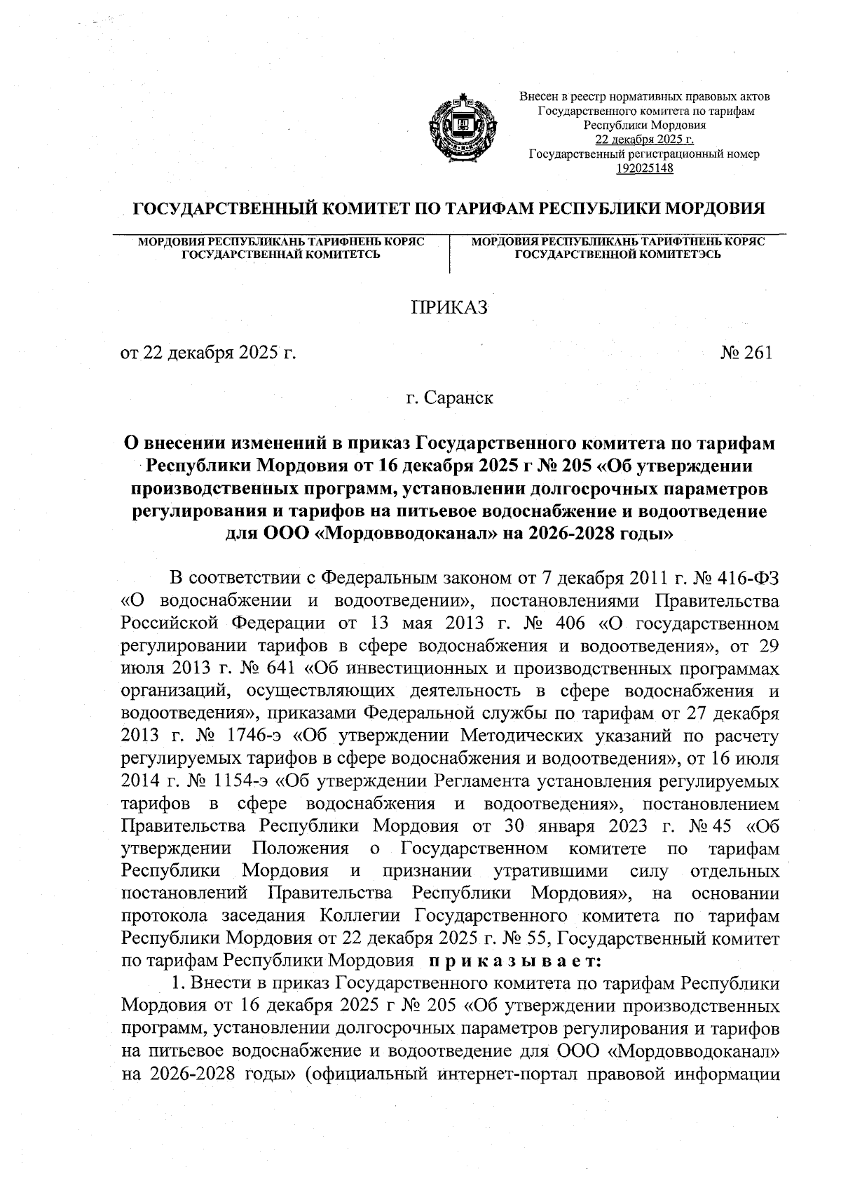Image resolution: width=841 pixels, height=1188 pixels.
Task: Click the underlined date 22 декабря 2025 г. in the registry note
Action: [x=644, y=140]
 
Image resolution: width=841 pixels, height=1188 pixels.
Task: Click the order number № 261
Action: [x=745, y=353]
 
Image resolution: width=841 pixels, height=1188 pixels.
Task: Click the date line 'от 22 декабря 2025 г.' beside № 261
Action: [x=207, y=353]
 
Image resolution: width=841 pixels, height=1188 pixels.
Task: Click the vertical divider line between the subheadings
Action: [x=449, y=254]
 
